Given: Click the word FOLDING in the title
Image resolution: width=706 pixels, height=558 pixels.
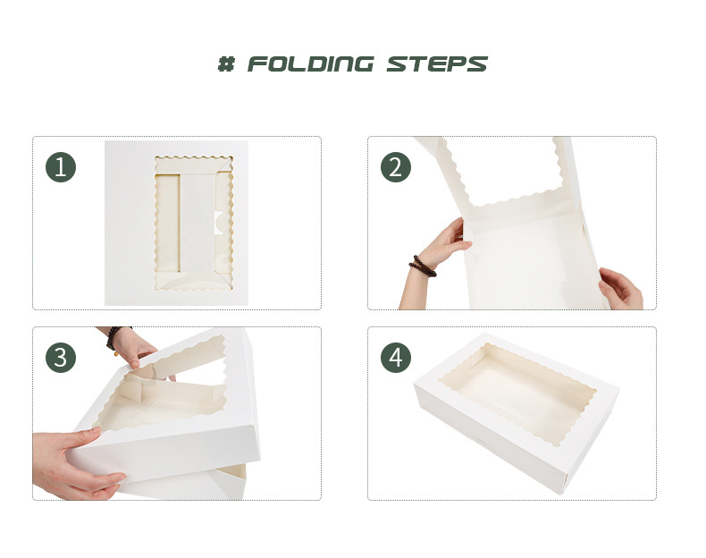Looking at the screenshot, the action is tap(310, 64).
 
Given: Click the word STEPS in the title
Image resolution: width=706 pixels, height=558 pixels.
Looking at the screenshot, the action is tap(437, 64).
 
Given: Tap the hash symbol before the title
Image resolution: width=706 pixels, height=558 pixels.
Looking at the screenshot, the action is tap(226, 64).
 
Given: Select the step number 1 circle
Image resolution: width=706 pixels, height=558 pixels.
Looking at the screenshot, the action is tap(61, 167).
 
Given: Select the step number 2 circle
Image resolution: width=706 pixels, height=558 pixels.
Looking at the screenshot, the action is tap(396, 167).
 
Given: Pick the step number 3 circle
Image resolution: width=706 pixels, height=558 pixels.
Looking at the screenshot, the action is tap(61, 358).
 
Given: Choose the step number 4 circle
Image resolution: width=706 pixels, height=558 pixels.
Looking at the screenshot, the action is tap(396, 358).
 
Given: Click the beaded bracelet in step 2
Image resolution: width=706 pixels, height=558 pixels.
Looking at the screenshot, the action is tap(423, 266).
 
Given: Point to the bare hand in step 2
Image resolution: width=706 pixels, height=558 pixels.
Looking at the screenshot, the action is tap(621, 288).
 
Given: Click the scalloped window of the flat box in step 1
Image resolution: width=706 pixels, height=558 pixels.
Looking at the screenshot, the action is tap(194, 223).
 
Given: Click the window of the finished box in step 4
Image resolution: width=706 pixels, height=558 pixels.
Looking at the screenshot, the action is tap(517, 393).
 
